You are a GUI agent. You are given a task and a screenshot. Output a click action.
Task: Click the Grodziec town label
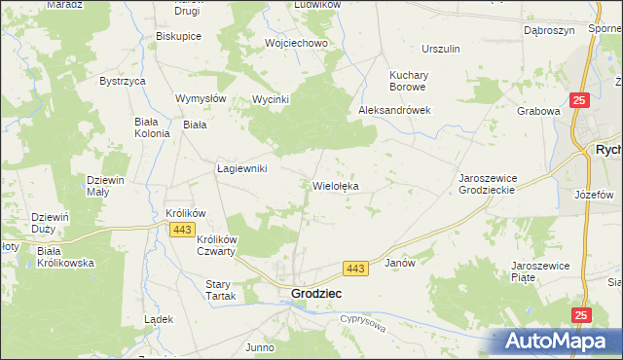(316, 293)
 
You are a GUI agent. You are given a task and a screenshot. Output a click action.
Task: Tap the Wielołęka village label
(338, 185)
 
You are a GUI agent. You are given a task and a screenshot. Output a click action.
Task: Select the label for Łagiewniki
(241, 168)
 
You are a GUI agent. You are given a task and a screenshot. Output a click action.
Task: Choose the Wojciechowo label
(295, 44)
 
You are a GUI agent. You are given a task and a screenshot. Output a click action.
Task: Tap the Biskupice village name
(178, 36)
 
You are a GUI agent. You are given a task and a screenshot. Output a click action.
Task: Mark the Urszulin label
(441, 49)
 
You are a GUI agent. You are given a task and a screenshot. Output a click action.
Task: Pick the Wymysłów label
(201, 98)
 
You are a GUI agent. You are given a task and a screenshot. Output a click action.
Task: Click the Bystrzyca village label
(123, 81)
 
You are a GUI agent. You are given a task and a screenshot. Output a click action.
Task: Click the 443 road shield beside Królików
(180, 229)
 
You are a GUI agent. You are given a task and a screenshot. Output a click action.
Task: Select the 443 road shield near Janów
(355, 268)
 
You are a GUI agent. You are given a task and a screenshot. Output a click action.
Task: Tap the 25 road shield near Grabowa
(579, 100)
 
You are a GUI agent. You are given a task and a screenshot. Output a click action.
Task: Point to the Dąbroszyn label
(546, 30)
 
